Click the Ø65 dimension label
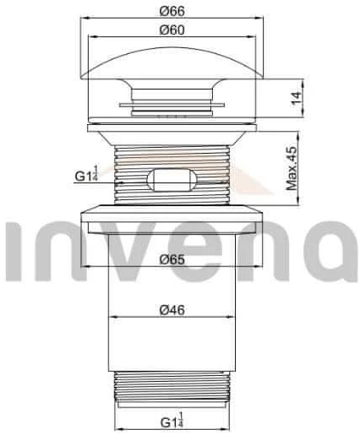tap(174, 260)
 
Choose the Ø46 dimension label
tap(174, 309)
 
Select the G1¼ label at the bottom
tap(175, 421)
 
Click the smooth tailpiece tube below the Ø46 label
tap(174, 346)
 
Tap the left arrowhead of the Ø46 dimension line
tap(113, 318)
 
